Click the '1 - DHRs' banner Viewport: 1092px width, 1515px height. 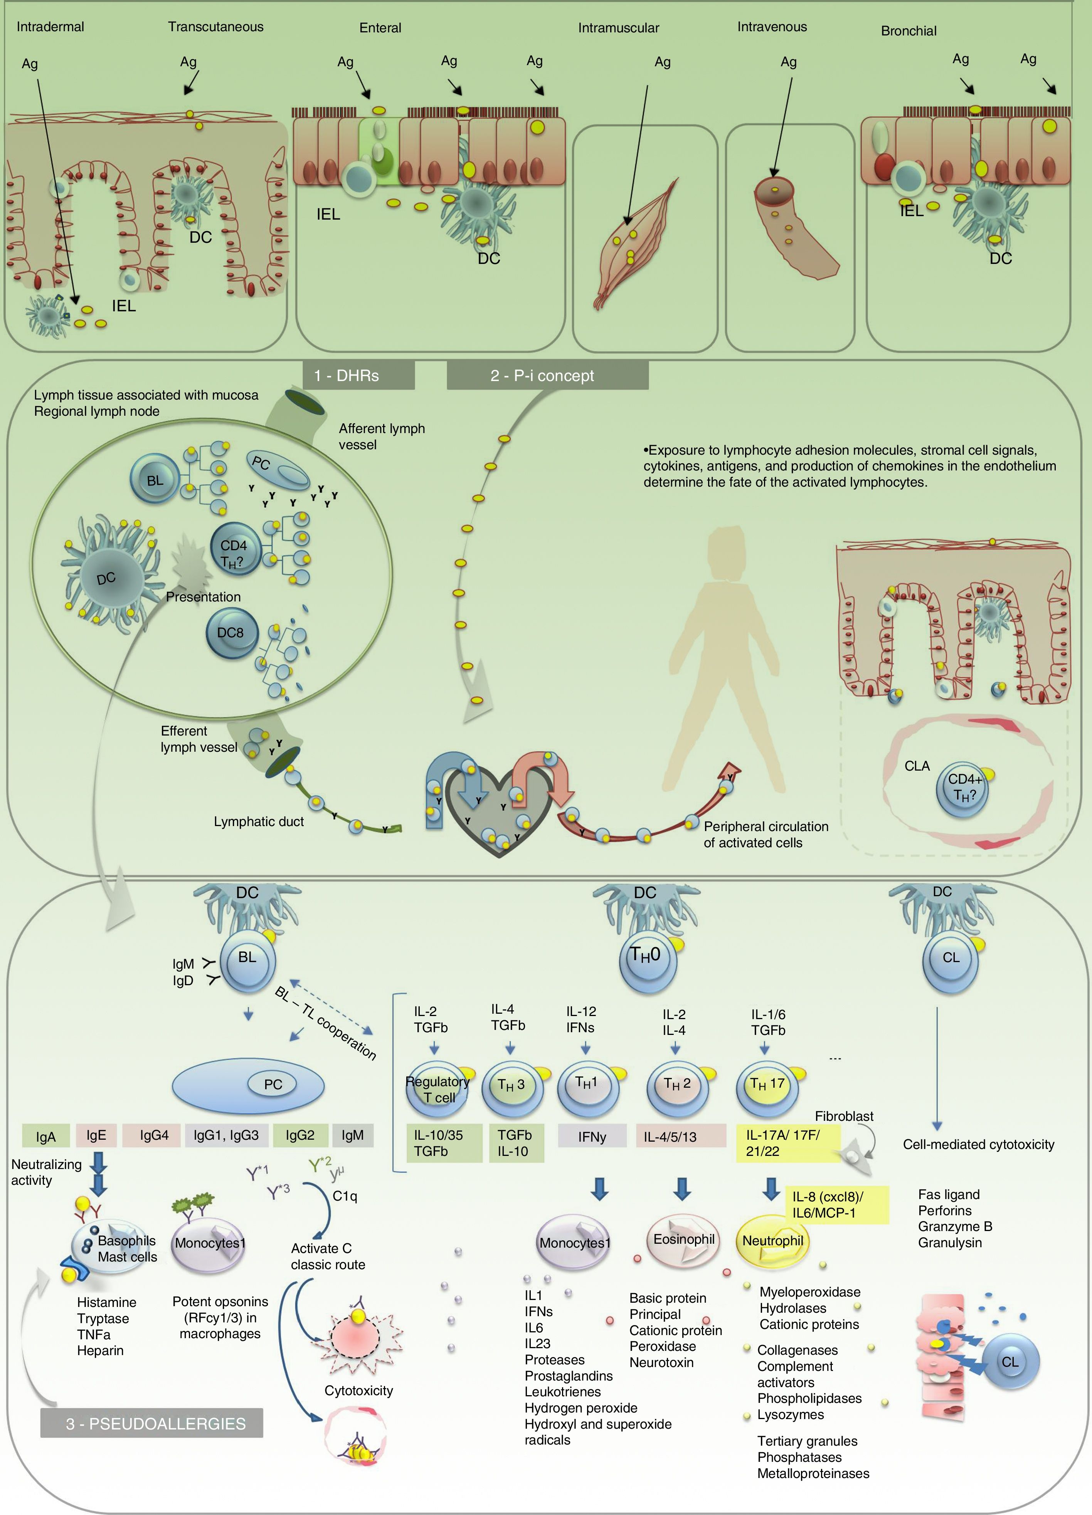[358, 375]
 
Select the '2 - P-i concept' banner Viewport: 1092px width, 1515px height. [547, 375]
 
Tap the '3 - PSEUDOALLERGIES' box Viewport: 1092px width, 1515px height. [152, 1423]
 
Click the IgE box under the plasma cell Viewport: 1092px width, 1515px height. [96, 1135]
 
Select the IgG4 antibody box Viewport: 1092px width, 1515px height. [154, 1135]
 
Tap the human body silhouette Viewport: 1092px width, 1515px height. [724, 655]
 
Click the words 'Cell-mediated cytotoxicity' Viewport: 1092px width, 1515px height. [978, 1144]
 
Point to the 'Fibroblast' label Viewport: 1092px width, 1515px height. [843, 1116]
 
